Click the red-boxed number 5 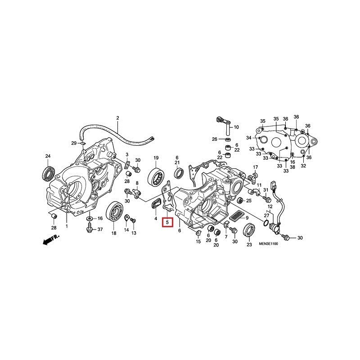167,222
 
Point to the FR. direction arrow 51,239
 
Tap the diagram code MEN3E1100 268,243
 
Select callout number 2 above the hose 118,118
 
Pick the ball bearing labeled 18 114,211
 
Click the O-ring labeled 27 266,222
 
